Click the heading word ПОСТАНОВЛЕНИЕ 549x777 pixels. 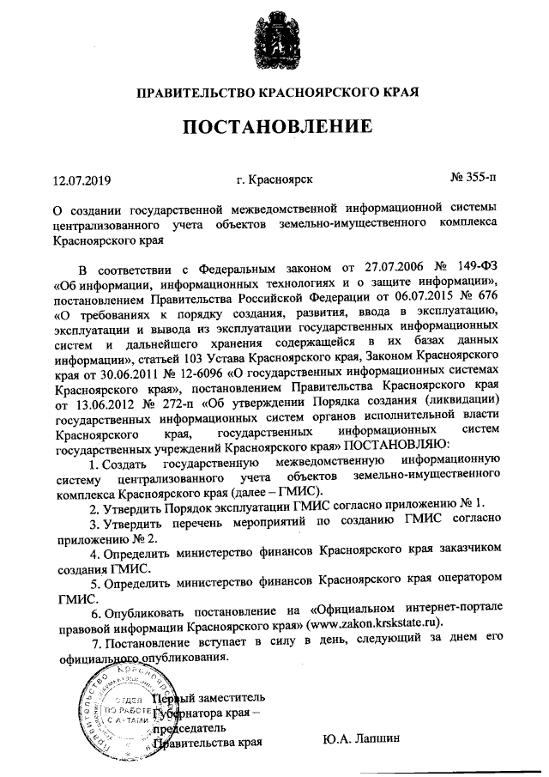[x=274, y=127]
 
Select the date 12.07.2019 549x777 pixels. [x=82, y=180]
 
